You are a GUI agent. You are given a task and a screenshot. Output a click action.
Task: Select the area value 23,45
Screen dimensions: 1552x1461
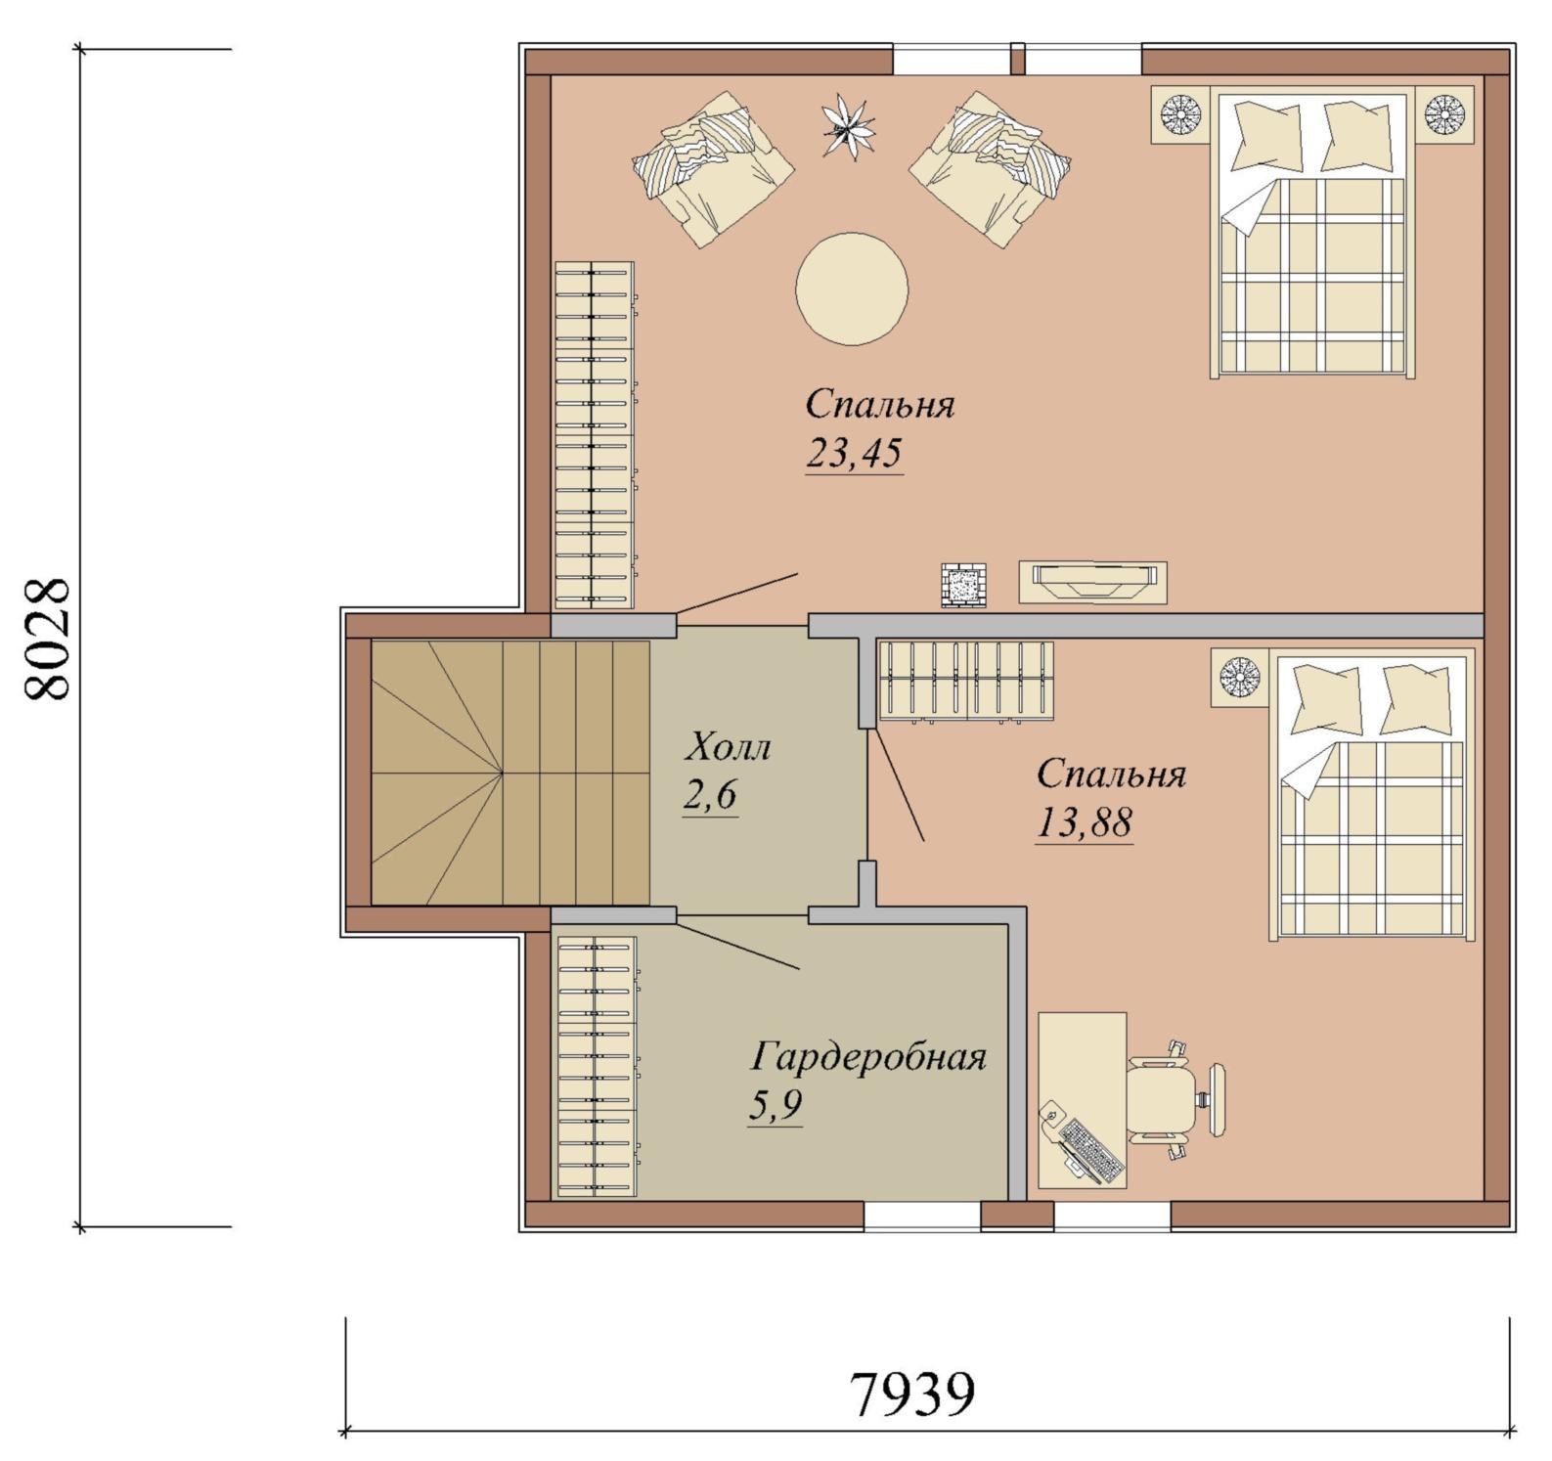coord(854,454)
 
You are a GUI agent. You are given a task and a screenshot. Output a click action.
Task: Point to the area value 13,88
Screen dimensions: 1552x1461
coord(1085,824)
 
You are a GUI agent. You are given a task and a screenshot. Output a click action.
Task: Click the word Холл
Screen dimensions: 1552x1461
coord(727,748)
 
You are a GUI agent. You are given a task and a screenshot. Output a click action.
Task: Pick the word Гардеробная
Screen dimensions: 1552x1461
coord(868,1057)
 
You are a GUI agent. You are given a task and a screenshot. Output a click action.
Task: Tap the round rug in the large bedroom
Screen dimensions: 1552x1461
coord(853,288)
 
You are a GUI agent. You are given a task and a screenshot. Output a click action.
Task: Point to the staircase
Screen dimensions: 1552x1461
coord(510,773)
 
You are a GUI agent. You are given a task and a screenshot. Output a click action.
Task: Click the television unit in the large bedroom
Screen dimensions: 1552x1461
coord(1093,582)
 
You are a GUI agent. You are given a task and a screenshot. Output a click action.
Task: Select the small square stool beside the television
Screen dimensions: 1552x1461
coord(963,585)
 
